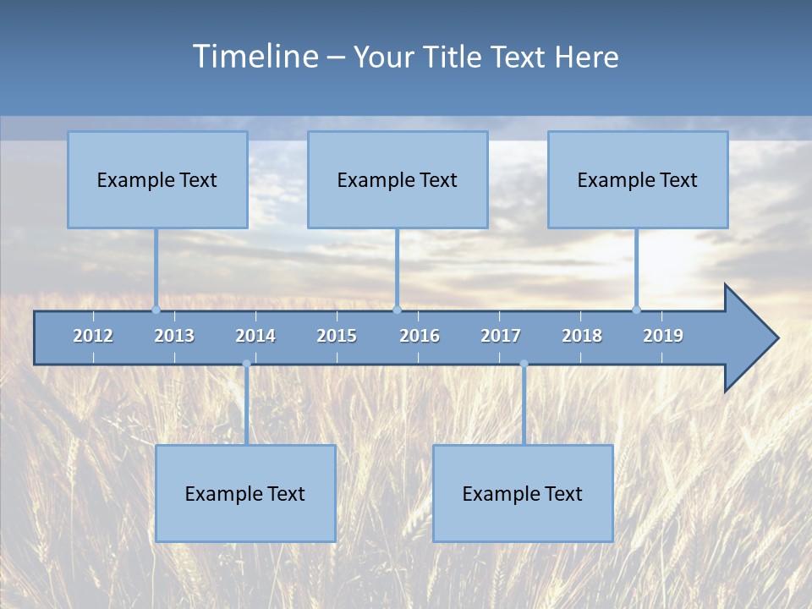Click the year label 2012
(93, 336)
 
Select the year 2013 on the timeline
(174, 336)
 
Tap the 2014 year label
(255, 336)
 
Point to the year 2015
(337, 336)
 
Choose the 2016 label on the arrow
(420, 336)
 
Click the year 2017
(501, 336)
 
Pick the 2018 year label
(582, 336)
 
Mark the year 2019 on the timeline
(663, 336)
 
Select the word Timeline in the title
(255, 57)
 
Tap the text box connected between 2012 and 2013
(157, 179)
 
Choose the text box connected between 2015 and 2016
(398, 179)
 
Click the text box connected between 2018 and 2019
(638, 179)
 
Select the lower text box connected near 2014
(245, 493)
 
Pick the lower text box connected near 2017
(523, 493)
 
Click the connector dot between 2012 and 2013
(156, 310)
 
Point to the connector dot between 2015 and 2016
(398, 310)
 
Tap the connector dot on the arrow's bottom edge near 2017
(524, 364)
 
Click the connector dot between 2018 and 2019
(637, 310)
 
